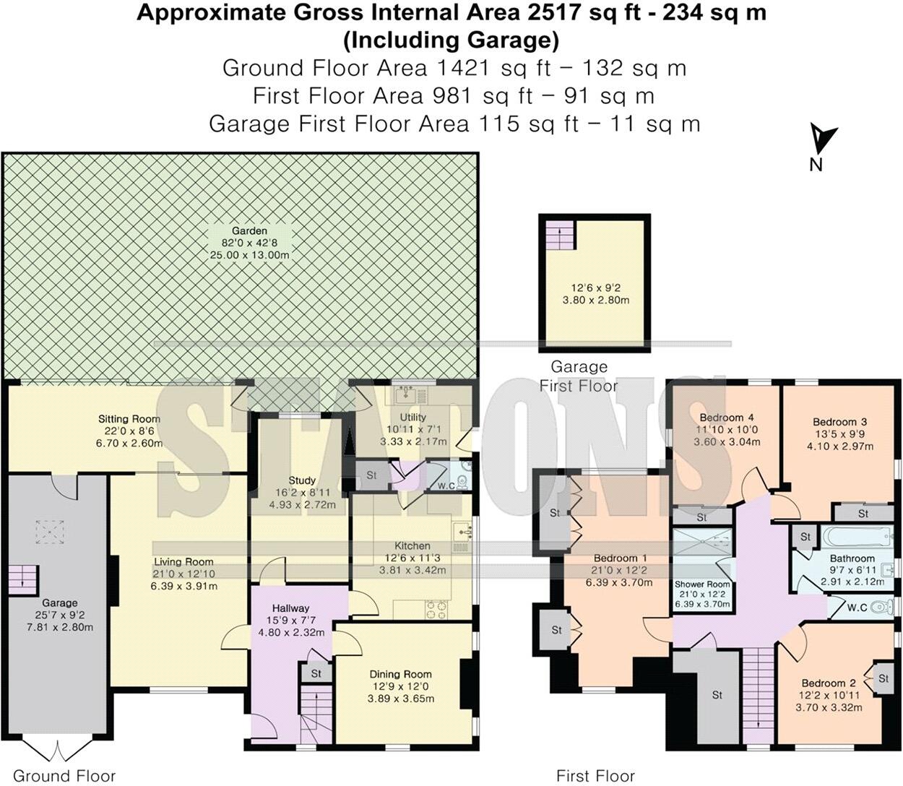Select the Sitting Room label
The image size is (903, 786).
pyautogui.click(x=129, y=419)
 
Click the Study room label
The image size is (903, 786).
pyautogui.click(x=301, y=480)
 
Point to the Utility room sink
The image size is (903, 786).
pyautogui.click(x=406, y=394)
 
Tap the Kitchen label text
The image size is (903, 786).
pyautogui.click(x=412, y=545)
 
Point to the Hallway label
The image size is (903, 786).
pyautogui.click(x=290, y=608)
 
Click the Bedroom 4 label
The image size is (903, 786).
pyautogui.click(x=727, y=418)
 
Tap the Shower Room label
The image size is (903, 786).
pyautogui.click(x=702, y=584)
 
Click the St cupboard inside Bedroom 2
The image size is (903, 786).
pyautogui.click(x=883, y=678)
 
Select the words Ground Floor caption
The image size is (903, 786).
pyautogui.click(x=64, y=776)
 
